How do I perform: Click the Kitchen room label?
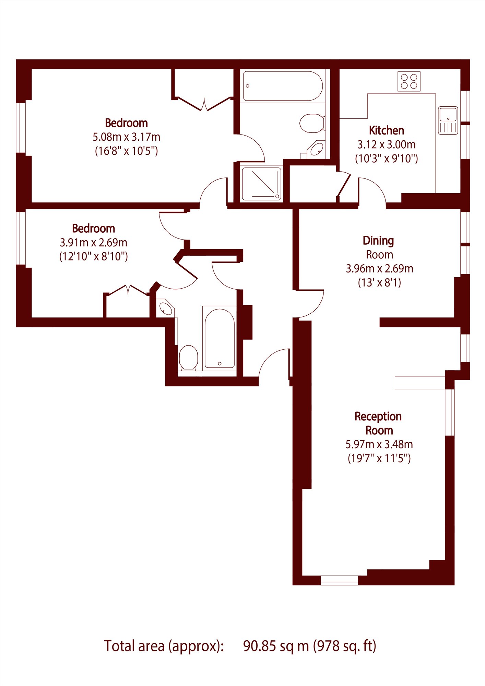click(386, 130)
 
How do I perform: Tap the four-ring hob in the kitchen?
click(409, 81)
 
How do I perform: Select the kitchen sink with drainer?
click(448, 120)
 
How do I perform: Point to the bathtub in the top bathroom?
click(283, 86)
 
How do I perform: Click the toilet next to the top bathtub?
click(312, 123)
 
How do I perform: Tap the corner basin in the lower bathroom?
click(165, 309)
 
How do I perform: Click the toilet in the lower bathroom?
click(188, 357)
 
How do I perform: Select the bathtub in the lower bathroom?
click(220, 338)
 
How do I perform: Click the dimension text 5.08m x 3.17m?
click(127, 137)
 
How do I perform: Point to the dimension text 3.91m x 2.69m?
click(93, 243)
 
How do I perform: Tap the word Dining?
click(378, 241)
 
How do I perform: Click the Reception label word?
click(378, 417)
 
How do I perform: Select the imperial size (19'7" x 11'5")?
click(379, 458)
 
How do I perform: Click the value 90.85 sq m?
click(276, 646)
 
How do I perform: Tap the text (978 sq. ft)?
click(345, 646)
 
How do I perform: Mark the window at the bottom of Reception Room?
click(339, 580)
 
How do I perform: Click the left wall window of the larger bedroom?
click(21, 127)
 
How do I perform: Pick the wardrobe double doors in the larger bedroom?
click(204, 104)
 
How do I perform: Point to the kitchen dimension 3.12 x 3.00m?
click(387, 144)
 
